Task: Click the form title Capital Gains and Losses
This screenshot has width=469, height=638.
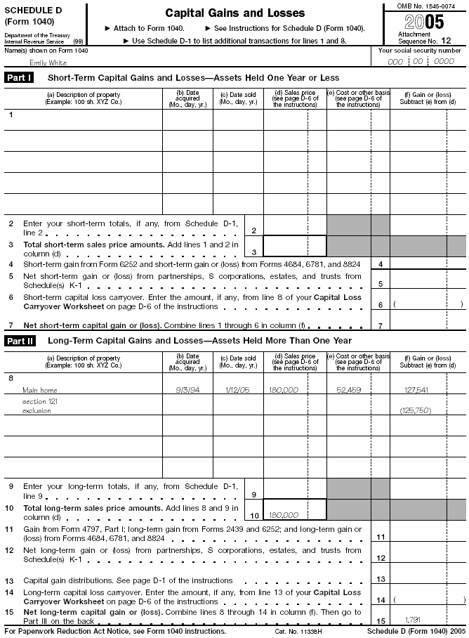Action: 234,13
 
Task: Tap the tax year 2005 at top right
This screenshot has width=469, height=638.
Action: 424,22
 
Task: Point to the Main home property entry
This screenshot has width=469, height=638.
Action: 40,390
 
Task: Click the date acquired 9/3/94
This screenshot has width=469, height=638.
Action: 187,390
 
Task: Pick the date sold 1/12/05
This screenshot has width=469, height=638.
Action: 237,390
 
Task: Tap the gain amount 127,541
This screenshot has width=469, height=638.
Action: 416,390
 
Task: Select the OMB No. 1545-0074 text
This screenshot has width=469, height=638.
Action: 424,6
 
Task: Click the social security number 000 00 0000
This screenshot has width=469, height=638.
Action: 421,61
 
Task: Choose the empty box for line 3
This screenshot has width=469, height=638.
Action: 294,246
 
